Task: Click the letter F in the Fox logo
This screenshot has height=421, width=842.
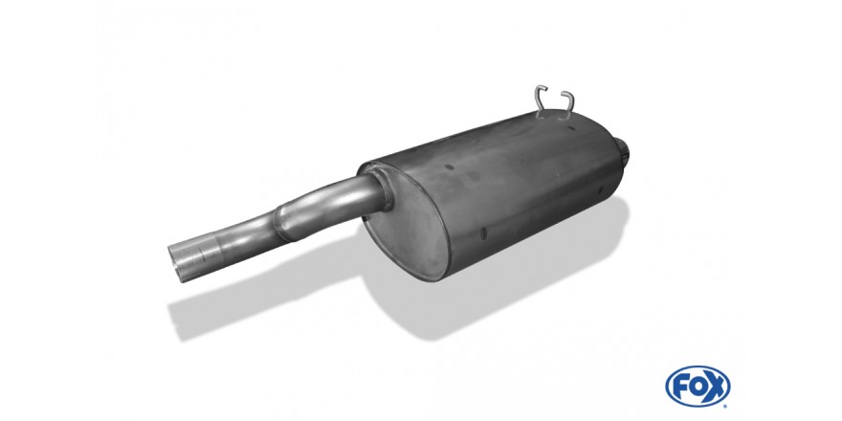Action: click(679, 387)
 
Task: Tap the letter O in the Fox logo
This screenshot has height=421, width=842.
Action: click(697, 387)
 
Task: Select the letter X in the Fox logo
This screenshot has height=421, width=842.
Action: click(717, 387)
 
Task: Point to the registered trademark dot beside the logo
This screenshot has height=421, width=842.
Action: click(725, 406)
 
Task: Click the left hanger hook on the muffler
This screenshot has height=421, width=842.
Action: click(540, 100)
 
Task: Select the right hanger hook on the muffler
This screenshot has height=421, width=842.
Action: click(567, 104)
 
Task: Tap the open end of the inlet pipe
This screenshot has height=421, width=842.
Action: click(178, 262)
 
